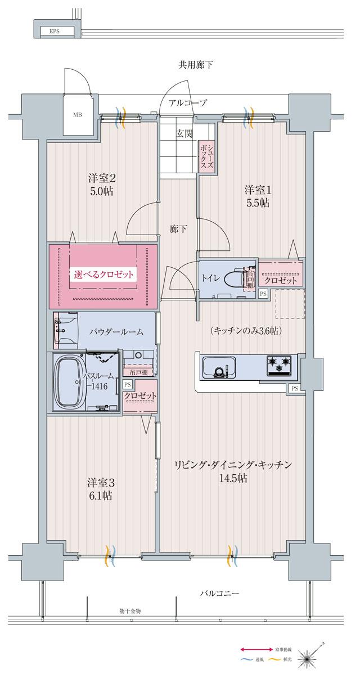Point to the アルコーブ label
click(x=188, y=102)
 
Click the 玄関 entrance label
click(x=184, y=133)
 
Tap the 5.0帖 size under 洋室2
click(x=102, y=191)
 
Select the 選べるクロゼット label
click(x=104, y=275)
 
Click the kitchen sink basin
click(x=215, y=368)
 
